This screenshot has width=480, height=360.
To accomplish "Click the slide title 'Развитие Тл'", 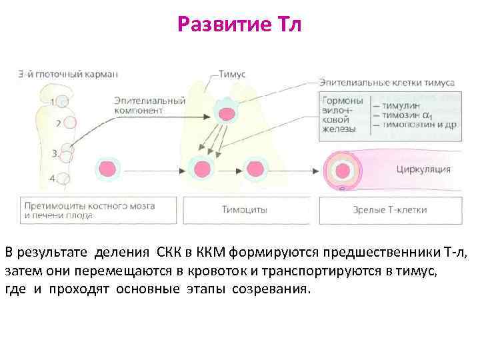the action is [240, 25].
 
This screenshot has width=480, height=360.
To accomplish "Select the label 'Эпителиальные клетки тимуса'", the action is [387, 83].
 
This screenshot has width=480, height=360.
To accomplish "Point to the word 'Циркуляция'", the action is [423, 169].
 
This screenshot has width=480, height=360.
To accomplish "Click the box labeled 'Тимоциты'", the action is [245, 210].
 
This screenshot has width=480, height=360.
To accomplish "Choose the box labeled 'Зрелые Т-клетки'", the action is [390, 210].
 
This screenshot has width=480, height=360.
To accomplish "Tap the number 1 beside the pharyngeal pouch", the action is [53, 102].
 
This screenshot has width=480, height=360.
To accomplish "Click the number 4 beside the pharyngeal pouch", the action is [53, 178].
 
